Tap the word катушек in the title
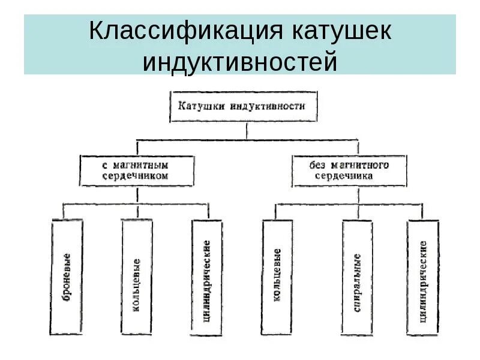342,32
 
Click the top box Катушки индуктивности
243,106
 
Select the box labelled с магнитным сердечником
137,170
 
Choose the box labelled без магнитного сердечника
349,170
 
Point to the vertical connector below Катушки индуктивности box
247,131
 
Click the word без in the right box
318,165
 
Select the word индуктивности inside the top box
267,106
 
